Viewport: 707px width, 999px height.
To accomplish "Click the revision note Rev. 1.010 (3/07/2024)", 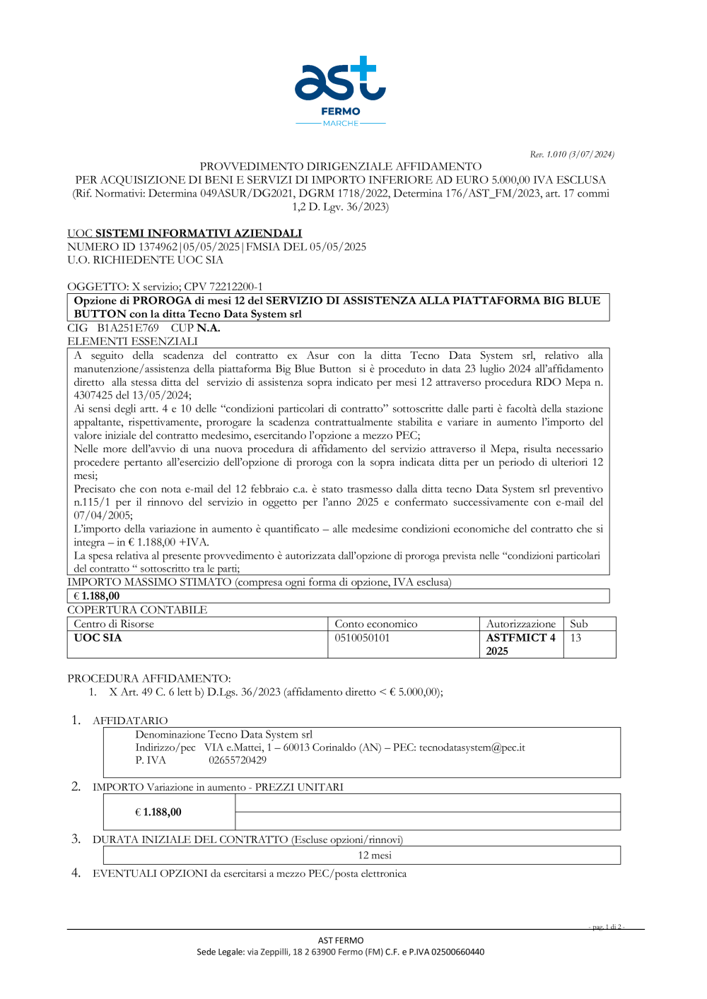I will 572,154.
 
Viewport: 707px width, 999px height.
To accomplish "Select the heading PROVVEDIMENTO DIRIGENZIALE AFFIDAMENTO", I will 340,167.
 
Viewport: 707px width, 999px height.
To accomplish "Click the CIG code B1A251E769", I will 128,328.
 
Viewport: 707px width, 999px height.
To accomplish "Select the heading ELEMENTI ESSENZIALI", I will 132,341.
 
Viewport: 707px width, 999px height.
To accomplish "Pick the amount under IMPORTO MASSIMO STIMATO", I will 97,596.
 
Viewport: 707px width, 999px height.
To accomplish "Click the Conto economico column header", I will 376,624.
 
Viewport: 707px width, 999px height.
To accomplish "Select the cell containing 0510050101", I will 362,638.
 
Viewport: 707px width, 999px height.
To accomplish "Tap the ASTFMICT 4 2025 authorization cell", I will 520,644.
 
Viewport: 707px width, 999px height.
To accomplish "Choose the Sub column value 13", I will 576,638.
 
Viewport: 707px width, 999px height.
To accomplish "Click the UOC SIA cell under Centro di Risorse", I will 98,638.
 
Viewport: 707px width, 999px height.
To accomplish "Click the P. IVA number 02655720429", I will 238,760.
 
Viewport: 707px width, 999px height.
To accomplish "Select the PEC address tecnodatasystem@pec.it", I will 472,747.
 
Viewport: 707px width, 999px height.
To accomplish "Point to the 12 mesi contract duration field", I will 374,856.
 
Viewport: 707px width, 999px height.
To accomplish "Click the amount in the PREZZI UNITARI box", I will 158,812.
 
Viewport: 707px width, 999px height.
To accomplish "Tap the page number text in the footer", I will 606,927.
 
